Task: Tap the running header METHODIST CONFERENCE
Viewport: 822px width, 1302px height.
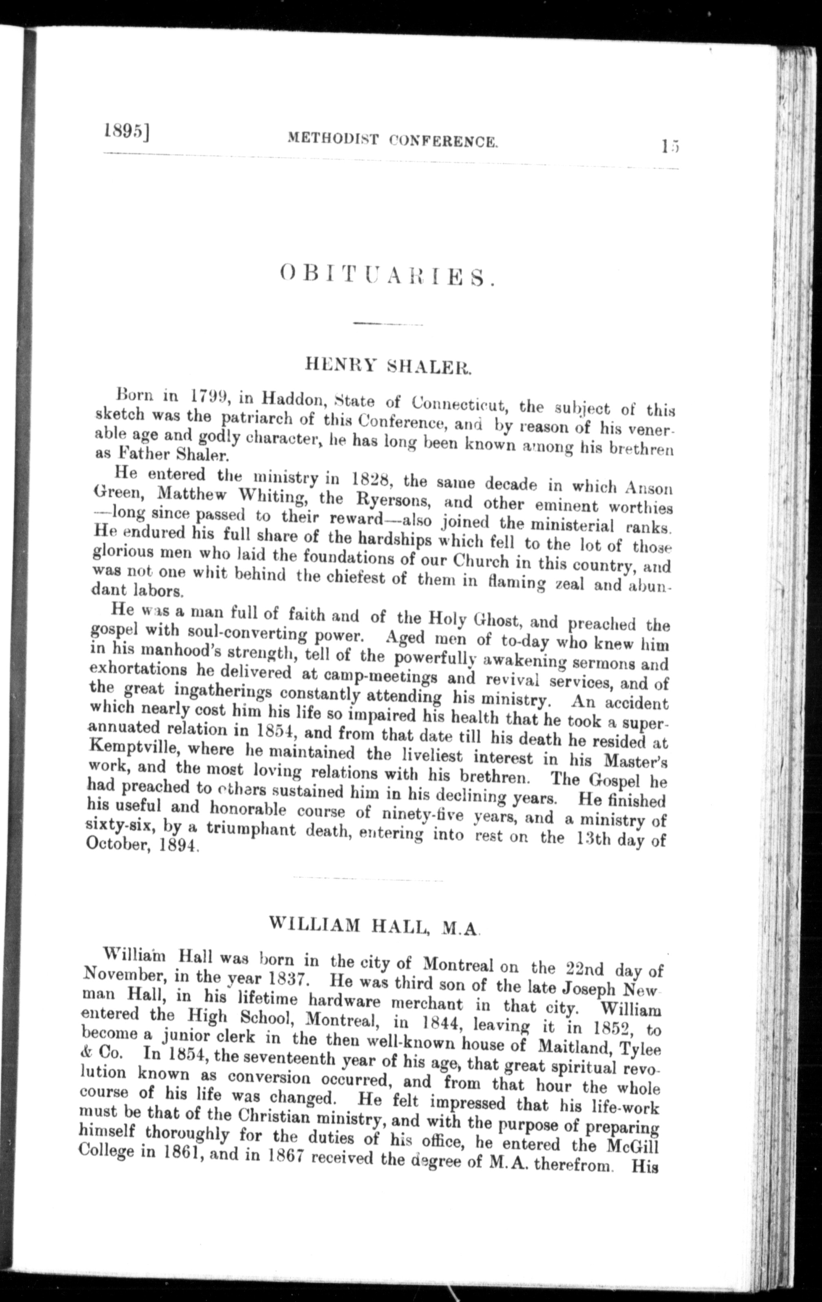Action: point(392,141)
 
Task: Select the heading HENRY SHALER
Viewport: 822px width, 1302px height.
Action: point(389,367)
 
